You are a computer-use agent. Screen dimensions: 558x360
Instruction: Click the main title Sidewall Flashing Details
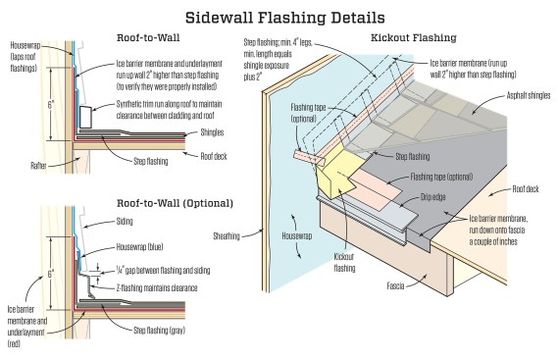284,18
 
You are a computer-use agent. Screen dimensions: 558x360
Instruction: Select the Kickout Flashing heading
414,37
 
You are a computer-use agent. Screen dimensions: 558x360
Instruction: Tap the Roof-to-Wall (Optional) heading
175,203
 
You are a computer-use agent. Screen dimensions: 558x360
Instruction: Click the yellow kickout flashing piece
336,176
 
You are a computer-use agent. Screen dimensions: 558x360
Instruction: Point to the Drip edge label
432,197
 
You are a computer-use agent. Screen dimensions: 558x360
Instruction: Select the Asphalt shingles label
529,95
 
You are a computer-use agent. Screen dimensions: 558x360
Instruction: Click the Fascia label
395,285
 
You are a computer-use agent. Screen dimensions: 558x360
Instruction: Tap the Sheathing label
227,235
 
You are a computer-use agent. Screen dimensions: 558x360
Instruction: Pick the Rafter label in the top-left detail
38,166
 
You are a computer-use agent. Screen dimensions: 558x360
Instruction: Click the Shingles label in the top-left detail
212,132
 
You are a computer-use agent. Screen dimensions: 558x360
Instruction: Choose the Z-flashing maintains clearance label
157,287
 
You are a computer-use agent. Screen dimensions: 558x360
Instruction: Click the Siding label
125,221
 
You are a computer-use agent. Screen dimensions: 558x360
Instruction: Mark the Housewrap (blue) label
139,247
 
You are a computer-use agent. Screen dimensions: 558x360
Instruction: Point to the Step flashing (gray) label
159,331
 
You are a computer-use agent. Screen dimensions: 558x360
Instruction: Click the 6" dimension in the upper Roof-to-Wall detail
51,105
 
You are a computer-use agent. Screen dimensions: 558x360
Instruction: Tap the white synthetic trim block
86,117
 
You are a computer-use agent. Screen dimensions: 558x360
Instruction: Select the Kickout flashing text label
344,262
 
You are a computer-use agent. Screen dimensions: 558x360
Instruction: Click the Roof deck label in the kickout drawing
526,188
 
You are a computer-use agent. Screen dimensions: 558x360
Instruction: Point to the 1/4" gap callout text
163,271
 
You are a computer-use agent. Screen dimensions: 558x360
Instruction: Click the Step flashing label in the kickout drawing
413,156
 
